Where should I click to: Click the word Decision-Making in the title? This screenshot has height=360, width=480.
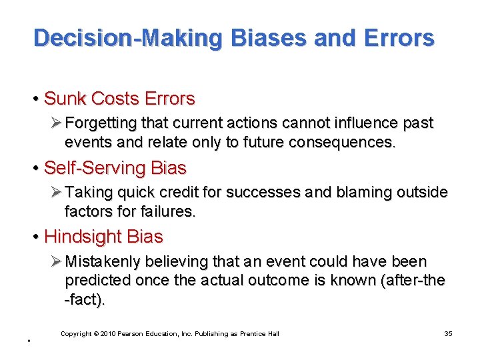(x=127, y=38)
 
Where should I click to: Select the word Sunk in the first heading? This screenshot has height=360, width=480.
(x=65, y=99)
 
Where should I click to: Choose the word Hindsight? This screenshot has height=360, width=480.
(x=85, y=237)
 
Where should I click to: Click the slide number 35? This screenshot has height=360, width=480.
(x=448, y=333)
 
